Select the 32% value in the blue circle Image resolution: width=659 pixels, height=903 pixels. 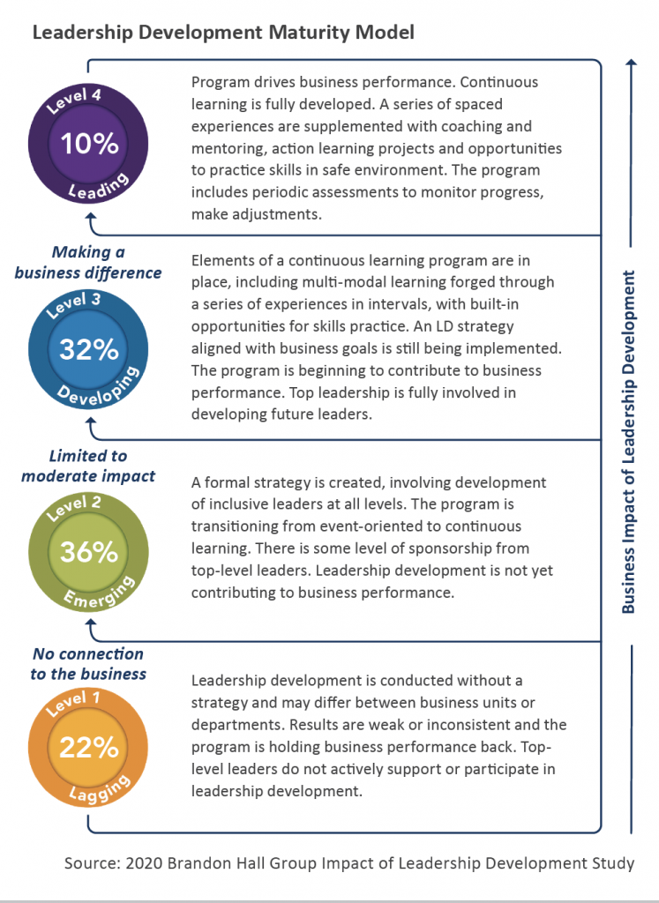point(88,349)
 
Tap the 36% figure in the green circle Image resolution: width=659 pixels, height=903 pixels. point(88,552)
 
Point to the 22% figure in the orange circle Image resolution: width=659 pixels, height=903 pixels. point(88,748)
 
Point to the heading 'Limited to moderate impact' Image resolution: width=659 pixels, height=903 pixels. point(88,466)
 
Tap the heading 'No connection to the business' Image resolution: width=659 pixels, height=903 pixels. point(88,664)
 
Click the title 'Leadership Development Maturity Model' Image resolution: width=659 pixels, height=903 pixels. point(224,33)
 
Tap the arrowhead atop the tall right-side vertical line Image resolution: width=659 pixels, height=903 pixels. point(629,63)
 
